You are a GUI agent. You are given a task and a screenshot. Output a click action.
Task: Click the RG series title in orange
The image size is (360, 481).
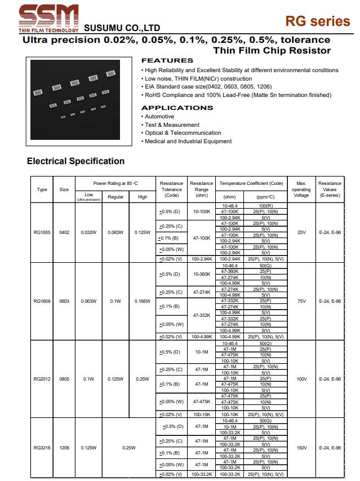click(x=317, y=21)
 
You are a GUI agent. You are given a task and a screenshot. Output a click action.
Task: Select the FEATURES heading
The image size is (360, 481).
click(x=167, y=60)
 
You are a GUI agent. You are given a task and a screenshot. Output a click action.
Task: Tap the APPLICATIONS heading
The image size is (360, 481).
click(x=177, y=108)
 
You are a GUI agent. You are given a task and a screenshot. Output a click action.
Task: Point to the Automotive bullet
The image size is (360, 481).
click(x=159, y=116)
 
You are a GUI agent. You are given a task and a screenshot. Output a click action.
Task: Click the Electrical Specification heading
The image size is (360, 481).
click(x=75, y=161)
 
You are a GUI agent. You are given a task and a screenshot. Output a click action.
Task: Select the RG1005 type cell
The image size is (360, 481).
click(x=42, y=232)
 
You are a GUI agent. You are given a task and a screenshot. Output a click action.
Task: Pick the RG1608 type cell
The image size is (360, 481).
click(x=42, y=301)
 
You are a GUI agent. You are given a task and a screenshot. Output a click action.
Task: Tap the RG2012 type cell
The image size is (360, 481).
click(x=42, y=379)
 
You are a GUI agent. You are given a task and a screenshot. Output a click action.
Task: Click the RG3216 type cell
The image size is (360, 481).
click(x=42, y=448)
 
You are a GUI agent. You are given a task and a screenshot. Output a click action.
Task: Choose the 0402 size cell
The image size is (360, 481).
click(x=64, y=232)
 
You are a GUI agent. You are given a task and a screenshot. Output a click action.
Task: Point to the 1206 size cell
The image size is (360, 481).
click(x=64, y=448)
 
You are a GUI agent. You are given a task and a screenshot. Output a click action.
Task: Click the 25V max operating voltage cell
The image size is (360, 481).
click(x=301, y=232)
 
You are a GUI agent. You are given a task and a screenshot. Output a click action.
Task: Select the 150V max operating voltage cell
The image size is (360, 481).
click(x=301, y=448)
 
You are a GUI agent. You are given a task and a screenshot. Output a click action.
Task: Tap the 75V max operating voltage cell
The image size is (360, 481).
click(x=301, y=301)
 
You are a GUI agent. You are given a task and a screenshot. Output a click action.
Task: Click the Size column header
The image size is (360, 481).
click(x=64, y=189)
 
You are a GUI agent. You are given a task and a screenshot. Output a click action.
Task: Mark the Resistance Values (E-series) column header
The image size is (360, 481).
click(x=330, y=189)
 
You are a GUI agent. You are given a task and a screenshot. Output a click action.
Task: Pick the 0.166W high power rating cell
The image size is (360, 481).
click(x=142, y=301)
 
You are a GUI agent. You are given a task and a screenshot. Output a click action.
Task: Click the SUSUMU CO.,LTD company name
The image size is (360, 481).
click(x=122, y=28)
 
